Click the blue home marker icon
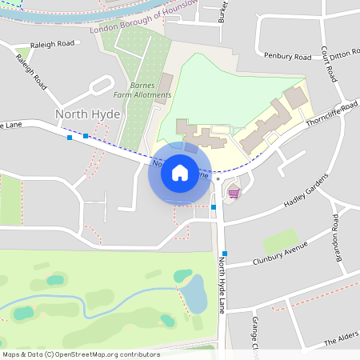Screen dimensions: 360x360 (180, 172)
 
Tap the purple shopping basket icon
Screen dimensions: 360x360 (234, 193)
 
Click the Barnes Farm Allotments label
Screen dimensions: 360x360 (150, 90)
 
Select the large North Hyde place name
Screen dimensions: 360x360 (87, 114)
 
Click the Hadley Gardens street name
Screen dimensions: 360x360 (306, 193)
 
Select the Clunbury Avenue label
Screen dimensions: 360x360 (279, 253)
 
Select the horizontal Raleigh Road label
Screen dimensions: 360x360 (52, 44)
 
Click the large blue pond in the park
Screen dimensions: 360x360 (194, 294)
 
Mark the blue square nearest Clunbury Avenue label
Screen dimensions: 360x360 (225, 254)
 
